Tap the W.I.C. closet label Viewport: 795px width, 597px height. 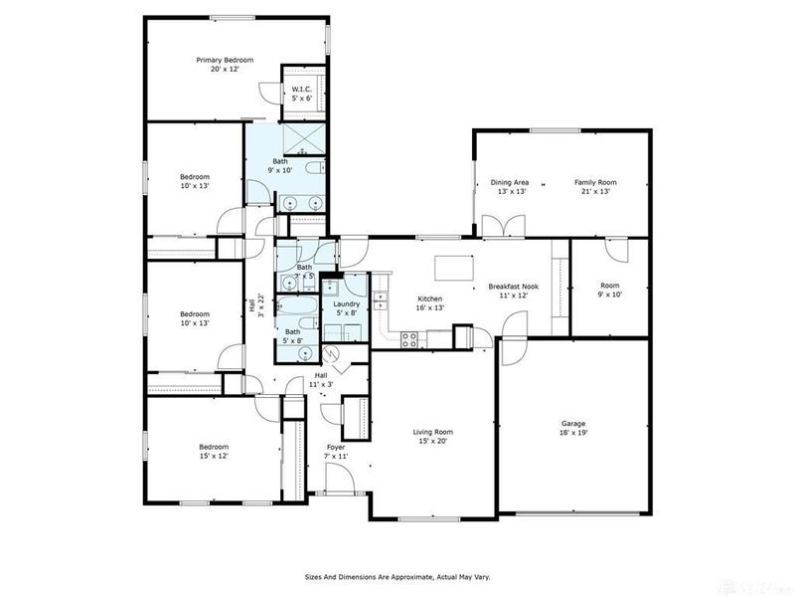pos(301,90)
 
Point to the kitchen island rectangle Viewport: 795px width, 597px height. pos(454,268)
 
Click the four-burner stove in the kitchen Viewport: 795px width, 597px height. pos(408,339)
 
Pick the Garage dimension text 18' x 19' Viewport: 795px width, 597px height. pos(573,434)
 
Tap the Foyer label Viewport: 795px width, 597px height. pos(336,448)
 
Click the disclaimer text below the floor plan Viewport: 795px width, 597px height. pos(397,576)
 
